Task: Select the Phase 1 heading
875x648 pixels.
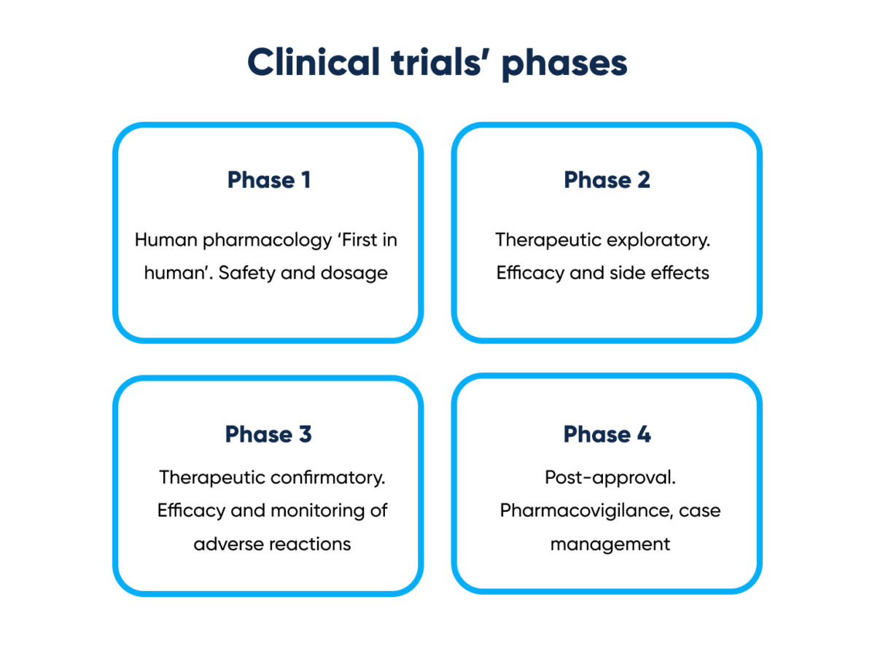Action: tap(269, 180)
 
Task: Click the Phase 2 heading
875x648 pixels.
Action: tap(607, 180)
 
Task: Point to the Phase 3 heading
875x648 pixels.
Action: tap(268, 434)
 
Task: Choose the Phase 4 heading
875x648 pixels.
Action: tap(607, 434)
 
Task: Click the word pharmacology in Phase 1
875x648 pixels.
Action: tap(257, 241)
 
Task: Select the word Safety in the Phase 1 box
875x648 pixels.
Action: tap(245, 273)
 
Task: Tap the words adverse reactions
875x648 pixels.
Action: tap(272, 544)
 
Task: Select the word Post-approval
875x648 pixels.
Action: tap(610, 477)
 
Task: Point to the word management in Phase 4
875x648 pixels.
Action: tap(610, 544)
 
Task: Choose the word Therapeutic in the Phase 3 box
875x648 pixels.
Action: tap(212, 477)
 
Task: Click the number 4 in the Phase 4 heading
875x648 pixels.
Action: tap(643, 434)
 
